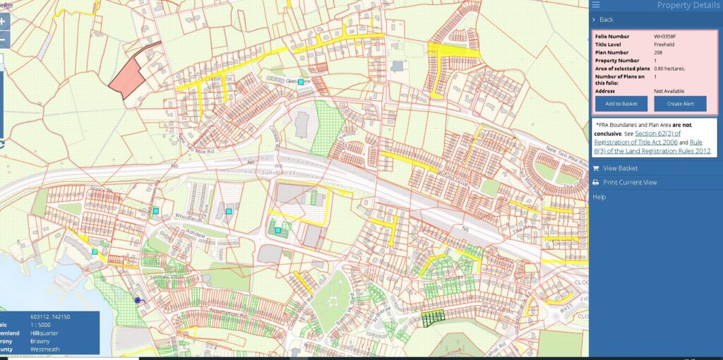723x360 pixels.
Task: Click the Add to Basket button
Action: tap(621, 104)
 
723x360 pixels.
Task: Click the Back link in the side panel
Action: tap(606, 20)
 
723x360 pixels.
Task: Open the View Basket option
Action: tap(620, 168)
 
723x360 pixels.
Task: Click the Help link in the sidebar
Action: tap(599, 197)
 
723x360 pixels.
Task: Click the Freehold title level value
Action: tap(665, 44)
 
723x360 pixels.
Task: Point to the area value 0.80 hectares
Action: tap(669, 68)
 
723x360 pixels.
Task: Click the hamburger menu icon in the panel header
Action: tap(596, 6)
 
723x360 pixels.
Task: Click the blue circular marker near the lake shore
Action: tap(138, 300)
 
